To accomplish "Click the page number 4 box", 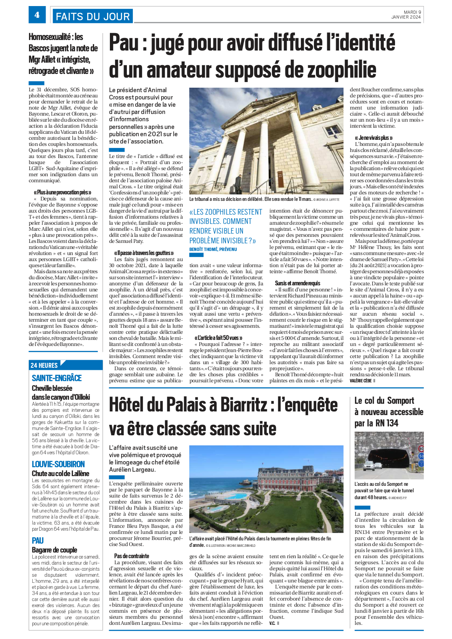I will coord(37,15).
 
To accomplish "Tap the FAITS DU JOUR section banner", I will coord(93,16).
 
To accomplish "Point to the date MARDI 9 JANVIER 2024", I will coord(406,15).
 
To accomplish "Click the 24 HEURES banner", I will coord(44,365).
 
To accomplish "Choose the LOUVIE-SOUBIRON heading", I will coord(58,464).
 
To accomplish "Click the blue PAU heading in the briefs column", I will coord(38,540).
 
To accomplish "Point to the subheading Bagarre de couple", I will coord(54,550).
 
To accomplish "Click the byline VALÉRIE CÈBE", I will coord(360,381).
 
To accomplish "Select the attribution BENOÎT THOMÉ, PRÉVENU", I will coord(213,249).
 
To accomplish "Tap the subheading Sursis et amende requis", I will coord(297,283).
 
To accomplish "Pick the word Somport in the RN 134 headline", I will coord(400,401).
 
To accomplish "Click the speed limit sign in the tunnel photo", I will coord(421,449).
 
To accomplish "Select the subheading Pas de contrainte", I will coord(131,556).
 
